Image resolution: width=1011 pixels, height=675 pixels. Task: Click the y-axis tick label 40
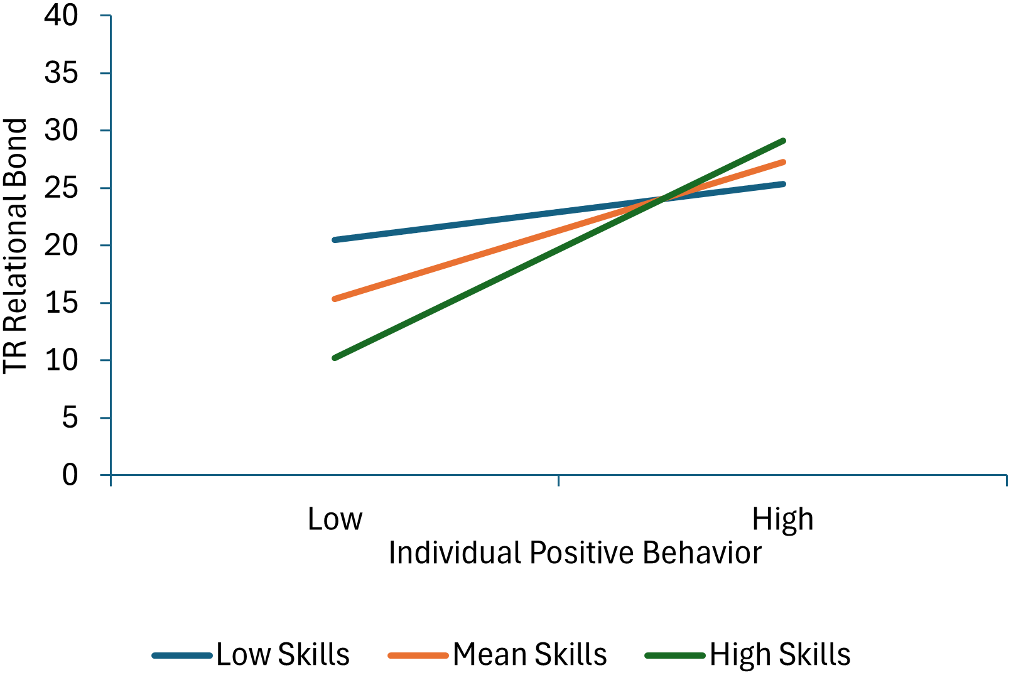tap(61, 15)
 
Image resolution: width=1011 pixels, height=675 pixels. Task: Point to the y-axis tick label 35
tap(61, 73)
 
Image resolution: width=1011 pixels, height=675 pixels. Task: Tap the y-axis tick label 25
tap(61, 188)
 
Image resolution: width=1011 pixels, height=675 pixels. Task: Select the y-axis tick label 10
tap(61, 360)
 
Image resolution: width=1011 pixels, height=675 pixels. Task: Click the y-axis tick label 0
tap(70, 475)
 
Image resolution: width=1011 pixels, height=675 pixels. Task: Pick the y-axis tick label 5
tap(70, 418)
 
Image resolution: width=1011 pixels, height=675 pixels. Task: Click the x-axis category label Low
tap(335, 519)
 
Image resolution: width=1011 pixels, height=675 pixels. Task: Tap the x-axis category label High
tap(782, 519)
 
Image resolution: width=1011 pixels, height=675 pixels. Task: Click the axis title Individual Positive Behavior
tap(575, 553)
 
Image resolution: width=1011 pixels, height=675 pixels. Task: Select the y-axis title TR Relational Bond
tap(15, 246)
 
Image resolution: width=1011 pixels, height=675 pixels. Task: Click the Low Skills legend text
tap(283, 655)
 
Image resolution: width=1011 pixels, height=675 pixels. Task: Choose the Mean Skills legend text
tap(529, 655)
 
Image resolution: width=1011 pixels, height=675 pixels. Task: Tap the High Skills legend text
tap(780, 655)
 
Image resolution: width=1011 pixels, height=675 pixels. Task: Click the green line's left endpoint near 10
tap(335, 358)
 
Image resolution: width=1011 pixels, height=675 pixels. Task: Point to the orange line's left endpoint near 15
tap(335, 299)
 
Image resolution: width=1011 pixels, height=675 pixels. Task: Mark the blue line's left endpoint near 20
tap(335, 240)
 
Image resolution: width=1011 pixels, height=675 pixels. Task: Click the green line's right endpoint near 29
tap(783, 141)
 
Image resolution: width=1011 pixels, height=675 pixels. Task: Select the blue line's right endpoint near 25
tap(783, 184)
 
